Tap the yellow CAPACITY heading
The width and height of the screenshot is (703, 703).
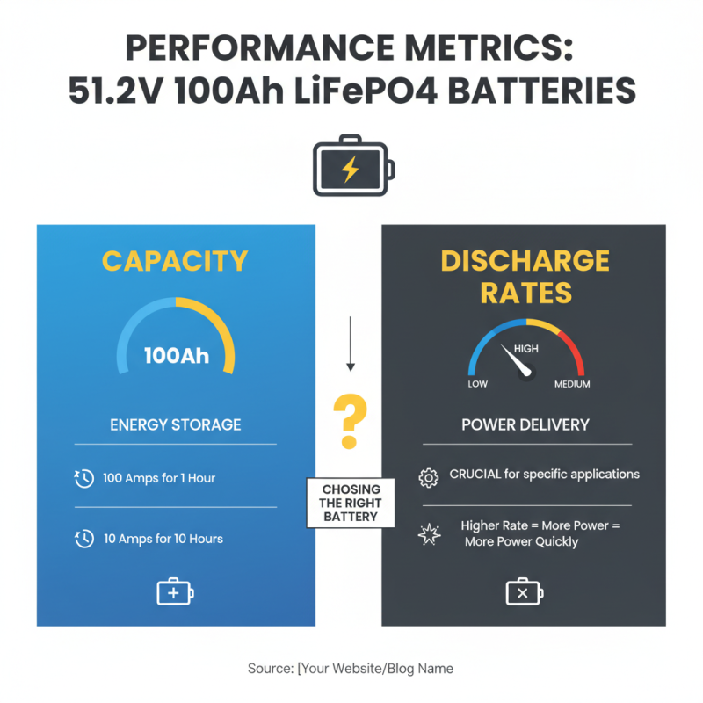click(x=175, y=261)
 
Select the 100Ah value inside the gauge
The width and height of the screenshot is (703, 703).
click(x=176, y=356)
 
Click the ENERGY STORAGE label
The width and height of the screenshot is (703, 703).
click(x=175, y=424)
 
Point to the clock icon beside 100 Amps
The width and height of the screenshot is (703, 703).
click(x=83, y=479)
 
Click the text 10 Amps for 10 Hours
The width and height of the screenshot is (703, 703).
click(x=163, y=539)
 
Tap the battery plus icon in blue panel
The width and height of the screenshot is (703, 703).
click(x=174, y=592)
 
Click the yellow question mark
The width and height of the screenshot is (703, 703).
click(x=349, y=422)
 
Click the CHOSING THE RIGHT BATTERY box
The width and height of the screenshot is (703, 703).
click(x=351, y=503)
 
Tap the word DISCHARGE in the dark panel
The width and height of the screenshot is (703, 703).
click(x=525, y=261)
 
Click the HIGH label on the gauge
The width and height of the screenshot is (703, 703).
click(x=525, y=349)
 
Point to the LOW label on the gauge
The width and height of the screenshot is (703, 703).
click(x=477, y=384)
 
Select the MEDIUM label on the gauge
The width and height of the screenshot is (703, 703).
click(x=572, y=384)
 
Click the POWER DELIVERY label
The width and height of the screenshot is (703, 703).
click(x=525, y=424)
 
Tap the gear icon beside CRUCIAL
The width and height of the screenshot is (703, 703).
click(x=428, y=477)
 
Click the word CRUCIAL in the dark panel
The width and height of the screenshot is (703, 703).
click(x=475, y=475)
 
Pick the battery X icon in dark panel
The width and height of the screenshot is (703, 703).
click(x=524, y=592)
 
